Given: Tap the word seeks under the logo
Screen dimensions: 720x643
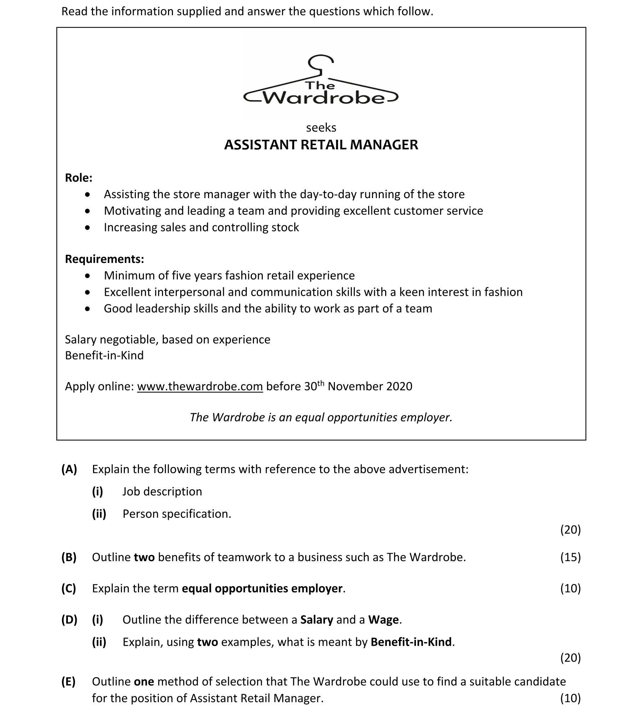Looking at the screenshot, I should [x=321, y=128].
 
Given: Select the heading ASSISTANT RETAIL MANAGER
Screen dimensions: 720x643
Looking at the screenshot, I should [x=321, y=145].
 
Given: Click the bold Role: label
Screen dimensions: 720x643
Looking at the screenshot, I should [x=79, y=178].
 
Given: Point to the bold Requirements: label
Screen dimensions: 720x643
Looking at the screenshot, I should [x=104, y=259].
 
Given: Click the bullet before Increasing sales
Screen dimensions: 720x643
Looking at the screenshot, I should [x=88, y=227].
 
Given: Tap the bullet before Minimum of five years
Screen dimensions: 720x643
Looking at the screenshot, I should [x=88, y=276].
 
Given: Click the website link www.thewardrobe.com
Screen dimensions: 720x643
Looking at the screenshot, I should [x=200, y=386].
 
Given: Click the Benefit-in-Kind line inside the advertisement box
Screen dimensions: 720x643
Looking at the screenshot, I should [x=104, y=355].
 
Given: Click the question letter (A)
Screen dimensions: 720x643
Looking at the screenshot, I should [x=69, y=469].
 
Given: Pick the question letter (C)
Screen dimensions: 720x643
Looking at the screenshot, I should [x=69, y=588].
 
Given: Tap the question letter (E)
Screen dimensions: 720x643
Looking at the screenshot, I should [x=68, y=681].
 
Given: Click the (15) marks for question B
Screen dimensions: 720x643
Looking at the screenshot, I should [x=570, y=557].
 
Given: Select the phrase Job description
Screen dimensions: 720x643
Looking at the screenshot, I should [x=162, y=491].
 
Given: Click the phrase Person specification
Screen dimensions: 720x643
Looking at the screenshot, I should [x=176, y=514].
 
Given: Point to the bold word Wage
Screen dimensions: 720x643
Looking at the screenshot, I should [x=383, y=620].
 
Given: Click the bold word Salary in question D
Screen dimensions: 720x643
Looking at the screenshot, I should [x=317, y=620].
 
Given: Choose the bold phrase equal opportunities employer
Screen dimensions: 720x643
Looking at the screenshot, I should [x=262, y=588].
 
